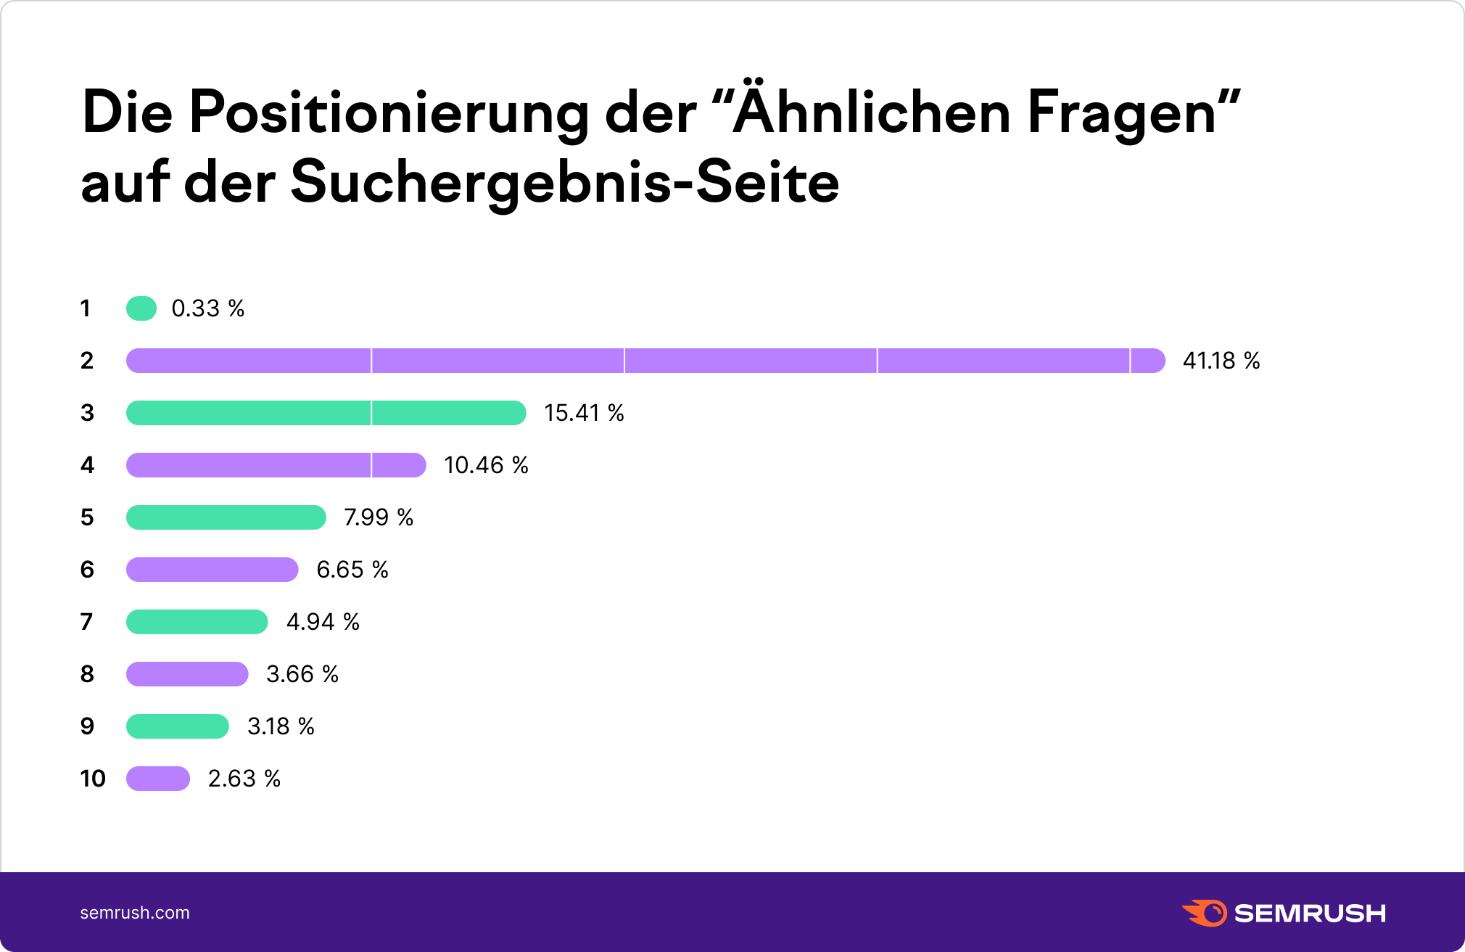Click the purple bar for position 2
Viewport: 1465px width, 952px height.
pos(645,361)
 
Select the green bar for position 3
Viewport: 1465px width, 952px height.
pos(326,413)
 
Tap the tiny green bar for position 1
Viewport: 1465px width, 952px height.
pos(141,308)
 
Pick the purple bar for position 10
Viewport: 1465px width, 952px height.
pos(158,779)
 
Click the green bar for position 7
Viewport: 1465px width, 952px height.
pos(197,622)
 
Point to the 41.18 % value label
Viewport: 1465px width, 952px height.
pos(1221,361)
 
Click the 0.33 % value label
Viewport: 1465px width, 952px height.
pos(207,308)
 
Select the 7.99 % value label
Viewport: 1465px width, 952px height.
pos(378,517)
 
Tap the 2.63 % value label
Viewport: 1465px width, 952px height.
pos(244,779)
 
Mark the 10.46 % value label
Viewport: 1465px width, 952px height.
pos(486,465)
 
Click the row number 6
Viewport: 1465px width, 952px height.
pos(87,570)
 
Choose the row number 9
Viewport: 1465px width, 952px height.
pos(87,726)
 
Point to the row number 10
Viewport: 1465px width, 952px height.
pos(93,779)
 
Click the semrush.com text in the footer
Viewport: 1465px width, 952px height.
pos(135,913)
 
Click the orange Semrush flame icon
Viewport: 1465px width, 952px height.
pos(1205,913)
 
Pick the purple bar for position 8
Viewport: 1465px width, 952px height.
pos(187,674)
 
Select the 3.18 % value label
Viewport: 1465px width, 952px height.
pos(281,726)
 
